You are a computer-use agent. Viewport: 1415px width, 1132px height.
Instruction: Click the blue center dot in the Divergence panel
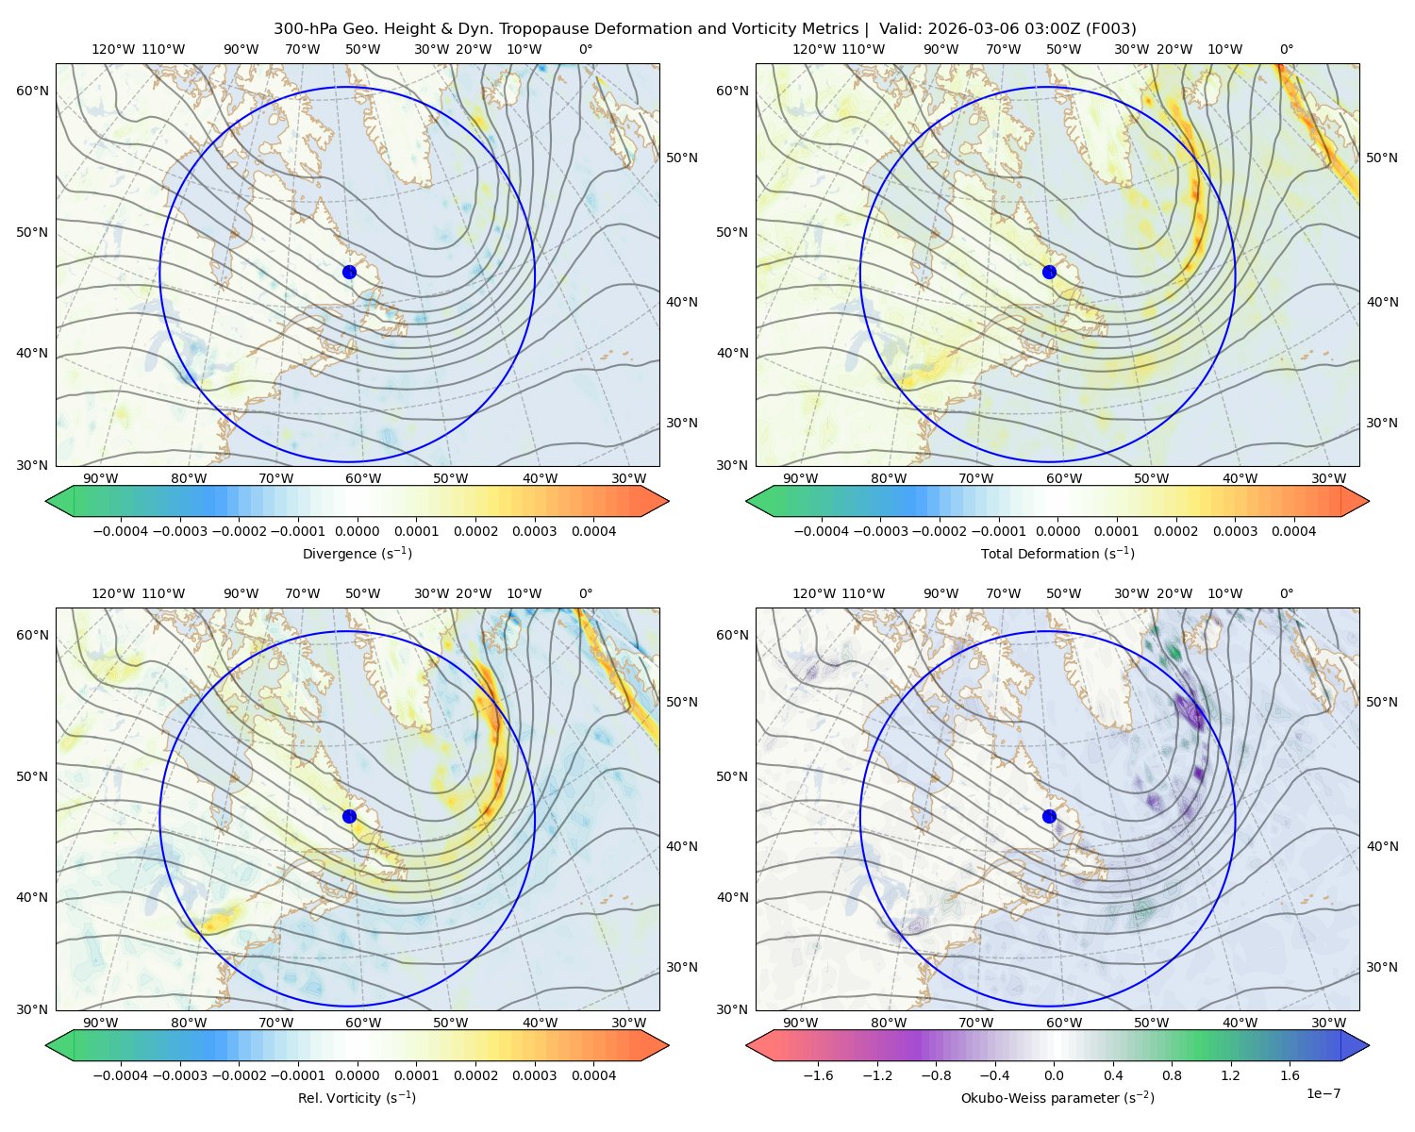(349, 273)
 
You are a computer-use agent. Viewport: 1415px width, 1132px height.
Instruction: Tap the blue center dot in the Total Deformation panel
(1049, 273)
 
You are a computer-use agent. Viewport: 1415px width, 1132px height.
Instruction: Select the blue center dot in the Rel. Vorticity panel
(349, 816)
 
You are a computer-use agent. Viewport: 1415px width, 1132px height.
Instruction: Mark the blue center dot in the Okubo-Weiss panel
(1049, 816)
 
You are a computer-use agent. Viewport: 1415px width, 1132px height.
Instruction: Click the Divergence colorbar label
(357, 554)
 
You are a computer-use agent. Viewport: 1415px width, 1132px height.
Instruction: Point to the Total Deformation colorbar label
(1057, 554)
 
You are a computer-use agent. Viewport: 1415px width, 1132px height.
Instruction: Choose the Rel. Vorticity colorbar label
(357, 1098)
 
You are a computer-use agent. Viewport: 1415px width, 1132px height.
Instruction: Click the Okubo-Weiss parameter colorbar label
(1057, 1098)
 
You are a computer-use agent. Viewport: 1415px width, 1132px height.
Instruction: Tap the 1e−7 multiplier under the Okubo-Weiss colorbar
(1323, 1094)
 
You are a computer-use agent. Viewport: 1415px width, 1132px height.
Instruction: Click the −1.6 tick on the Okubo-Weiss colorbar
(818, 1075)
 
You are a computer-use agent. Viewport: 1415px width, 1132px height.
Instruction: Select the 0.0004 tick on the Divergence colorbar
(593, 531)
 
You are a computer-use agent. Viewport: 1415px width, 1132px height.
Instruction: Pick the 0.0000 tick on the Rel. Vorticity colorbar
(357, 1075)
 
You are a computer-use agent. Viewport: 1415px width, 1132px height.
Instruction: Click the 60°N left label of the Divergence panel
(32, 91)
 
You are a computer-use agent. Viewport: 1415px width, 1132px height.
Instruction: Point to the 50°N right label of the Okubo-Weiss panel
(1382, 702)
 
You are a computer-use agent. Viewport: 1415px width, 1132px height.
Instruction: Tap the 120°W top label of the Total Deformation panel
(813, 49)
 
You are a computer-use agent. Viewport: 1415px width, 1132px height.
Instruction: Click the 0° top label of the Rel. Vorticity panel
(586, 593)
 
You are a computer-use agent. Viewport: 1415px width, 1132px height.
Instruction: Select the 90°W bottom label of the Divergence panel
(101, 479)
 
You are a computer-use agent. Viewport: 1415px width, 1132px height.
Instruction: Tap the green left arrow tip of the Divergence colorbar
(46, 501)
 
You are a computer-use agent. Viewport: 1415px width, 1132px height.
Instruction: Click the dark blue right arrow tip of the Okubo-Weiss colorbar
(1369, 1045)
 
